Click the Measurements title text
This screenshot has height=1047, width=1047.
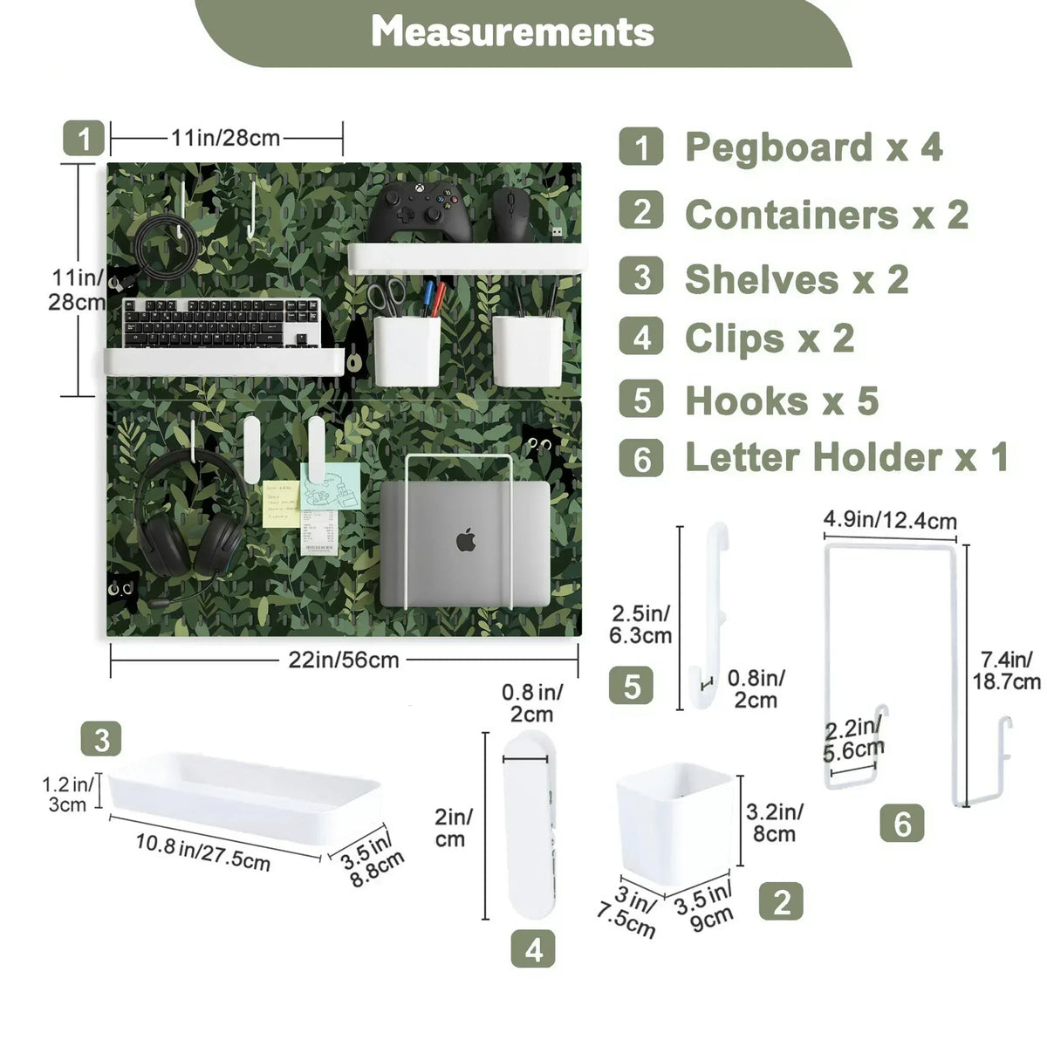(x=512, y=31)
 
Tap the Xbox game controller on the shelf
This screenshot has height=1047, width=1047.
(x=420, y=211)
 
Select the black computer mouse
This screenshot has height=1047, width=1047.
(x=512, y=214)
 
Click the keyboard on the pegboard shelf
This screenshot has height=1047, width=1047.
(x=221, y=323)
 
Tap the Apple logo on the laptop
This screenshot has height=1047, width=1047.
(x=466, y=541)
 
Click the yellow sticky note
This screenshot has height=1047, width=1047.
(x=281, y=503)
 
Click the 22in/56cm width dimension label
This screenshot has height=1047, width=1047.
(x=344, y=660)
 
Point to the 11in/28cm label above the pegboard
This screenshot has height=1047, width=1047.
(x=225, y=138)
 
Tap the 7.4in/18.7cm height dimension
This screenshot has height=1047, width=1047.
(x=1006, y=670)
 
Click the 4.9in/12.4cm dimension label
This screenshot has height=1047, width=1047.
(x=889, y=520)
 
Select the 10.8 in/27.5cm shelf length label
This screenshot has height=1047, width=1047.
(x=202, y=852)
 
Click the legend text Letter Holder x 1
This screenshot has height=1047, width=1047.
(x=847, y=457)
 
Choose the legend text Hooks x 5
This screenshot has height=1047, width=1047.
(x=782, y=400)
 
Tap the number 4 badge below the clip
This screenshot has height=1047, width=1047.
(x=533, y=948)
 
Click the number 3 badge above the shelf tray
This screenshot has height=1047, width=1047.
(x=101, y=738)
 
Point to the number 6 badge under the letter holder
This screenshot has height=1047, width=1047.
(x=902, y=823)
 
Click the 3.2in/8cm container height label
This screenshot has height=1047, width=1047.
(x=774, y=823)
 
